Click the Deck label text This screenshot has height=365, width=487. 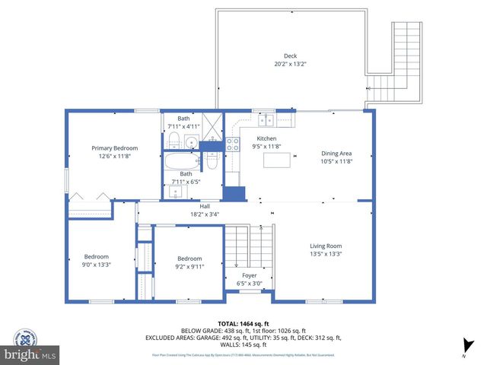pyautogui.click(x=290, y=56)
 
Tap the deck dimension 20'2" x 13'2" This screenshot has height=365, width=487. pyautogui.click(x=290, y=64)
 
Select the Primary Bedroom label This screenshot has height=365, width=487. pyautogui.click(x=115, y=148)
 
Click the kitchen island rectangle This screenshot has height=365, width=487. pyautogui.click(x=277, y=160)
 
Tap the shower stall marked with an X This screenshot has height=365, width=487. pyautogui.click(x=213, y=123)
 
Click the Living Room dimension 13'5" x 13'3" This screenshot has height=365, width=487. pyautogui.click(x=325, y=255)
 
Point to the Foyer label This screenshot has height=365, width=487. pyautogui.click(x=250, y=275)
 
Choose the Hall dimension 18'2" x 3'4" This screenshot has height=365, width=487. pyautogui.click(x=205, y=214)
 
